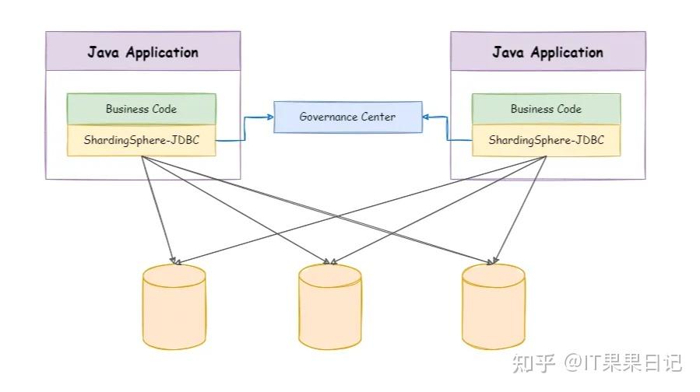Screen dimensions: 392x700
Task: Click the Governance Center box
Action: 347,117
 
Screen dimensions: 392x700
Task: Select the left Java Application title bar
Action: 142,52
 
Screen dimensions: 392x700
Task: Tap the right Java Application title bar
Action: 547,52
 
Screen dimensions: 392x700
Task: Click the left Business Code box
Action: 141,109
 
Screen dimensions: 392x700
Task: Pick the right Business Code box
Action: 546,109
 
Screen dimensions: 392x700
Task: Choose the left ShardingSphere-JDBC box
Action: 141,141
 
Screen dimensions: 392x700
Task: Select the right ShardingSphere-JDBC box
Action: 546,141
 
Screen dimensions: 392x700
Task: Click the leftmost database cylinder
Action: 174,306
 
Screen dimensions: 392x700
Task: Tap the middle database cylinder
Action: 329,306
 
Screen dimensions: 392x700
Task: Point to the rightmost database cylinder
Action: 493,306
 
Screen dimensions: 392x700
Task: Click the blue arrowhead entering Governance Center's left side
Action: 269,117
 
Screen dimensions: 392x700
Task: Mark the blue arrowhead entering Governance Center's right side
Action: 427,117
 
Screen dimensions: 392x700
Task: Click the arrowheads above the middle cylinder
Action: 329,259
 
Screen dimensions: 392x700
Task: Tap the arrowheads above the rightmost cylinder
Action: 493,259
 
